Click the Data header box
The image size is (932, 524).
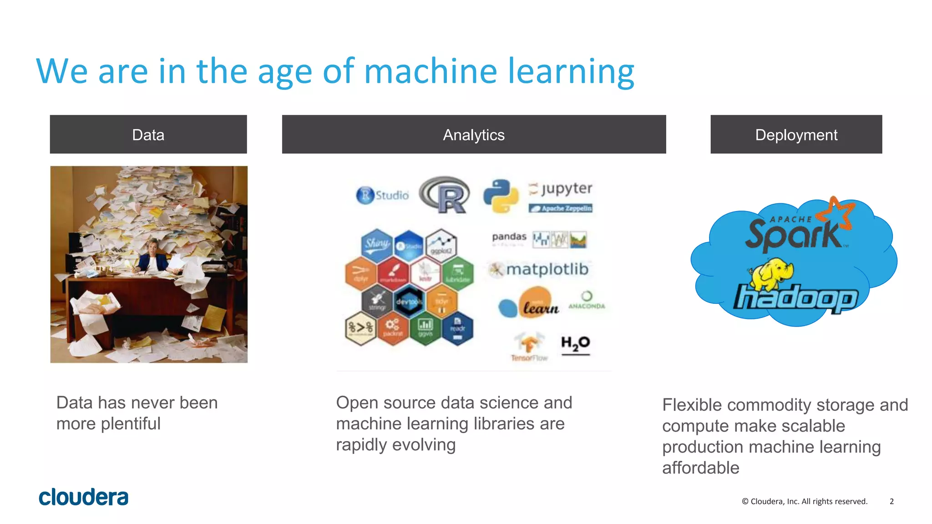(148, 135)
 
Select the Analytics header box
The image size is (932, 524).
(474, 135)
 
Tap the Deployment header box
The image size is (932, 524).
(796, 135)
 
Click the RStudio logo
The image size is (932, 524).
(382, 195)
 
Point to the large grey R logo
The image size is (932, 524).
(445, 195)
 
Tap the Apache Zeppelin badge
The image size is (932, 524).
(561, 208)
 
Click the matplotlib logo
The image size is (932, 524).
(539, 269)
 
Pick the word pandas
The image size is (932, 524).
(509, 237)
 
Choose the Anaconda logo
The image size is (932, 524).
(587, 301)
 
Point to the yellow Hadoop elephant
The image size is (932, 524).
(772, 274)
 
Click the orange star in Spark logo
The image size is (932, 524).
(836, 213)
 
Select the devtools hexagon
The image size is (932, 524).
(409, 302)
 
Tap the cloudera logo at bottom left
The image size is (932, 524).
(84, 497)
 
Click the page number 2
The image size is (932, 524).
(891, 501)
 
